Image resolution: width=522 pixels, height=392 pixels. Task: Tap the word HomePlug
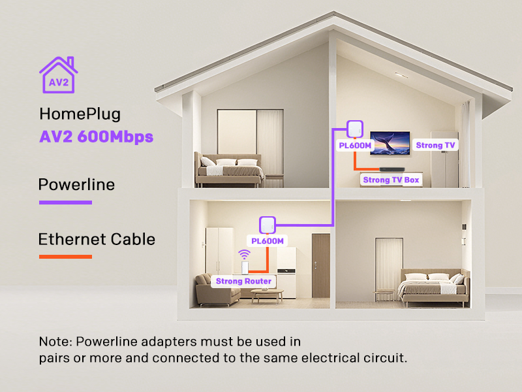pyautogui.click(x=80, y=114)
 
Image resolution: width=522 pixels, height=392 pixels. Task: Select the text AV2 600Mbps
pyautogui.click(x=96, y=137)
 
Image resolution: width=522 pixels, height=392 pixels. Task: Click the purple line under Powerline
pyautogui.click(x=65, y=202)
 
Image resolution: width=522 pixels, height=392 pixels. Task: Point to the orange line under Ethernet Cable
pyautogui.click(x=65, y=256)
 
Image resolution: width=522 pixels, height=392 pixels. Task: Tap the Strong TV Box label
pyautogui.click(x=391, y=180)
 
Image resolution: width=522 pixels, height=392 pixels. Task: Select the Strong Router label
pyautogui.click(x=244, y=281)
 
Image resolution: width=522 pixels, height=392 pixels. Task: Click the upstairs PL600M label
pyautogui.click(x=356, y=145)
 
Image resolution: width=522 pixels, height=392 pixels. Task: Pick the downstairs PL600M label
pyautogui.click(x=268, y=241)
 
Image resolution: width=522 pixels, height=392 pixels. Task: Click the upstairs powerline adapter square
pyautogui.click(x=355, y=127)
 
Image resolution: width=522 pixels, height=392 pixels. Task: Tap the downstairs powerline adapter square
pyautogui.click(x=267, y=224)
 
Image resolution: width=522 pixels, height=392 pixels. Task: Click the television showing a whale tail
pyautogui.click(x=390, y=143)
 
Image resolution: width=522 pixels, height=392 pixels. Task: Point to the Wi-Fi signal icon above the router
pyautogui.click(x=244, y=254)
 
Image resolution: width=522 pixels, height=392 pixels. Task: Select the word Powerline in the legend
pyautogui.click(x=76, y=185)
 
